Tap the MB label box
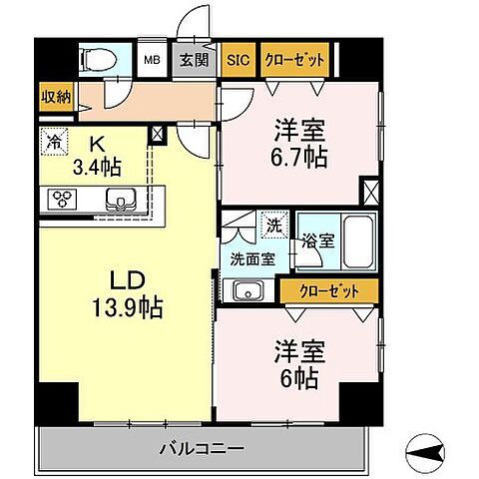[153, 60]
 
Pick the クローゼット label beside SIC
[294, 60]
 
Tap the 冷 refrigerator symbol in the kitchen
[53, 143]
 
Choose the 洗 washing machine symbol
[270, 225]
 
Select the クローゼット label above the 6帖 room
[329, 290]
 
